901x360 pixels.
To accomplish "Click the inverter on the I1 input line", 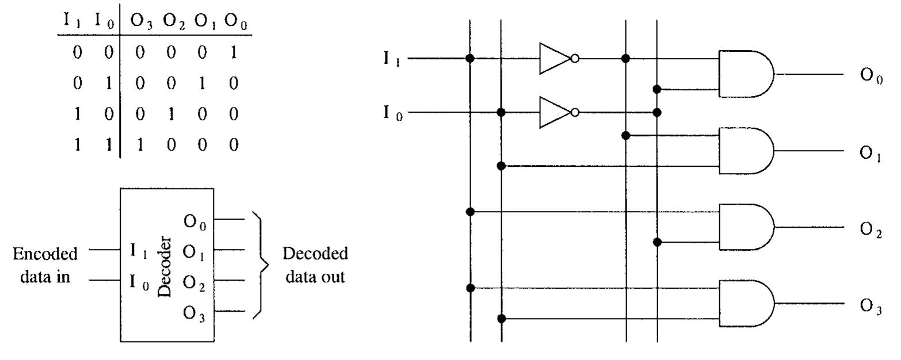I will pos(556,58).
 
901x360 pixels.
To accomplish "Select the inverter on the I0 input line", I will pos(556,112).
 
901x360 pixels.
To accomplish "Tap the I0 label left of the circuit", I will pos(392,113).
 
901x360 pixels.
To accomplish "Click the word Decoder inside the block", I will pos(165,266).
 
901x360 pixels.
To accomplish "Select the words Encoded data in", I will pos(45,265).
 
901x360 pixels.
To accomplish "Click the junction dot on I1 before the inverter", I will pos(470,58).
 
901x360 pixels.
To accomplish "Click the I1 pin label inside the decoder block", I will pos(138,251).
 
